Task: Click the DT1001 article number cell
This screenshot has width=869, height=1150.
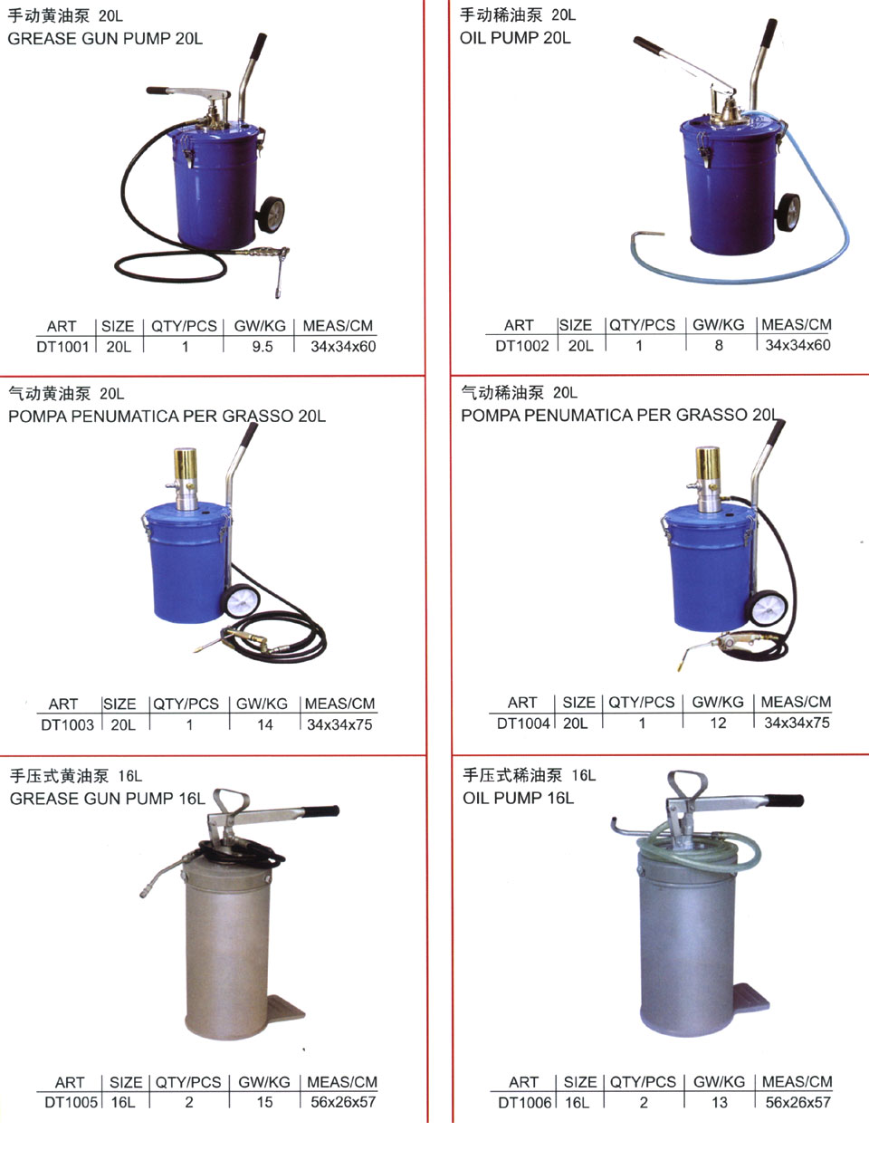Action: [x=62, y=347]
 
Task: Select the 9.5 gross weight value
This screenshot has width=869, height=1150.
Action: [x=263, y=347]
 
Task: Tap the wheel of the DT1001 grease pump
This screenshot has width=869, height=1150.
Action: [x=272, y=215]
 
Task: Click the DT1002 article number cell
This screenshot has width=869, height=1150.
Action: [x=522, y=346]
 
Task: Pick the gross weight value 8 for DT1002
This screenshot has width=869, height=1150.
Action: [x=719, y=345]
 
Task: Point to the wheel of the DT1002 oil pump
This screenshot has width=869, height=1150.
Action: [x=788, y=212]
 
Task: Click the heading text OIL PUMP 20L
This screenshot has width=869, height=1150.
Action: [x=515, y=38]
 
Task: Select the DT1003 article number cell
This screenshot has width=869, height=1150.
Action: [x=68, y=725]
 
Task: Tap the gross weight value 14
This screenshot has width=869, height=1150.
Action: [x=265, y=725]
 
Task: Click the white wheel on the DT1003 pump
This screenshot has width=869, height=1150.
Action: [x=241, y=601]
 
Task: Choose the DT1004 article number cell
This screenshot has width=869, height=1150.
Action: [x=523, y=724]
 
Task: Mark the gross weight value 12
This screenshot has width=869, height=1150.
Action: [x=718, y=724]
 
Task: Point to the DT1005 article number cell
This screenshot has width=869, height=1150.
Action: [x=71, y=1102]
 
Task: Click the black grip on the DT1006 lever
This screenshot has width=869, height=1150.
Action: [x=784, y=800]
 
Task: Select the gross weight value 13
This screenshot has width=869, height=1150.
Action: [x=720, y=1103]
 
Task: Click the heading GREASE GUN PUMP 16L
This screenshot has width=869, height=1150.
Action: [x=108, y=799]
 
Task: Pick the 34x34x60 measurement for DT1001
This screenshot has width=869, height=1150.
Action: [x=343, y=347]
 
